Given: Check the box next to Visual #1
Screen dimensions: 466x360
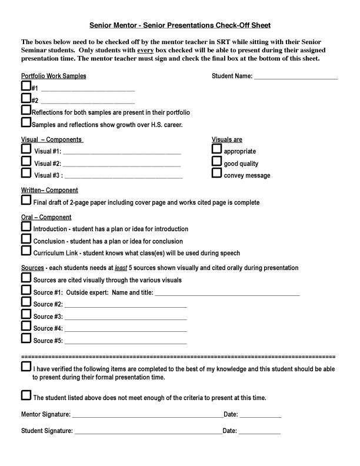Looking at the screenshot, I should (x=26, y=149).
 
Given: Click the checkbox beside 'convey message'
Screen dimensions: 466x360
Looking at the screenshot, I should (x=216, y=174).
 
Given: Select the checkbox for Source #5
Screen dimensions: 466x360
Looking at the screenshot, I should (x=26, y=338).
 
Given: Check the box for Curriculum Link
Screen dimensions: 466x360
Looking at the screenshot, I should (x=26, y=251).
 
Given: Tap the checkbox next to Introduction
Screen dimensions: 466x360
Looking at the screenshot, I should (x=26, y=227).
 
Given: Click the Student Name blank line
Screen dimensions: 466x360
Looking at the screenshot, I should (x=295, y=77).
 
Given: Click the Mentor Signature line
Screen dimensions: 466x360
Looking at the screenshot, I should (x=147, y=417).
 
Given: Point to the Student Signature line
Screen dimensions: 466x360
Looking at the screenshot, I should (x=147, y=432).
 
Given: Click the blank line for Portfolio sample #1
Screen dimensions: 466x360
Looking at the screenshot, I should (x=88, y=90).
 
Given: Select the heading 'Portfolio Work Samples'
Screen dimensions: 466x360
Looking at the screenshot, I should (x=54, y=76).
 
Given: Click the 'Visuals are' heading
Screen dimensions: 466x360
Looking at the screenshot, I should (x=227, y=140).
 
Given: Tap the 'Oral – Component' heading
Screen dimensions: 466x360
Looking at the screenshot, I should (x=46, y=217).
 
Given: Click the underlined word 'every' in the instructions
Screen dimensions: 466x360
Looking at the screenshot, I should (x=145, y=51).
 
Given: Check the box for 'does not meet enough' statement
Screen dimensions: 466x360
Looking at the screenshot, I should (x=26, y=395).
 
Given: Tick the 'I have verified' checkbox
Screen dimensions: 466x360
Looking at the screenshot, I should (x=26, y=367).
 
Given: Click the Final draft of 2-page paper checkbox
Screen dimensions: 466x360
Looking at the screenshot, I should (x=26, y=201).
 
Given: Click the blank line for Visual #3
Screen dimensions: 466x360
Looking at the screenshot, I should (x=124, y=177).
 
